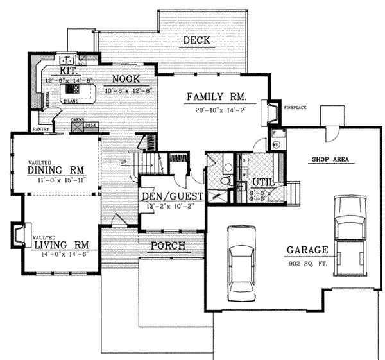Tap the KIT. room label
[x=69, y=70]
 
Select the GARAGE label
[x=309, y=250]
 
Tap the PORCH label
[x=167, y=246]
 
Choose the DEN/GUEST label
[x=171, y=196]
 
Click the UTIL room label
[x=263, y=182]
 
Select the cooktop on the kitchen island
[x=71, y=94]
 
